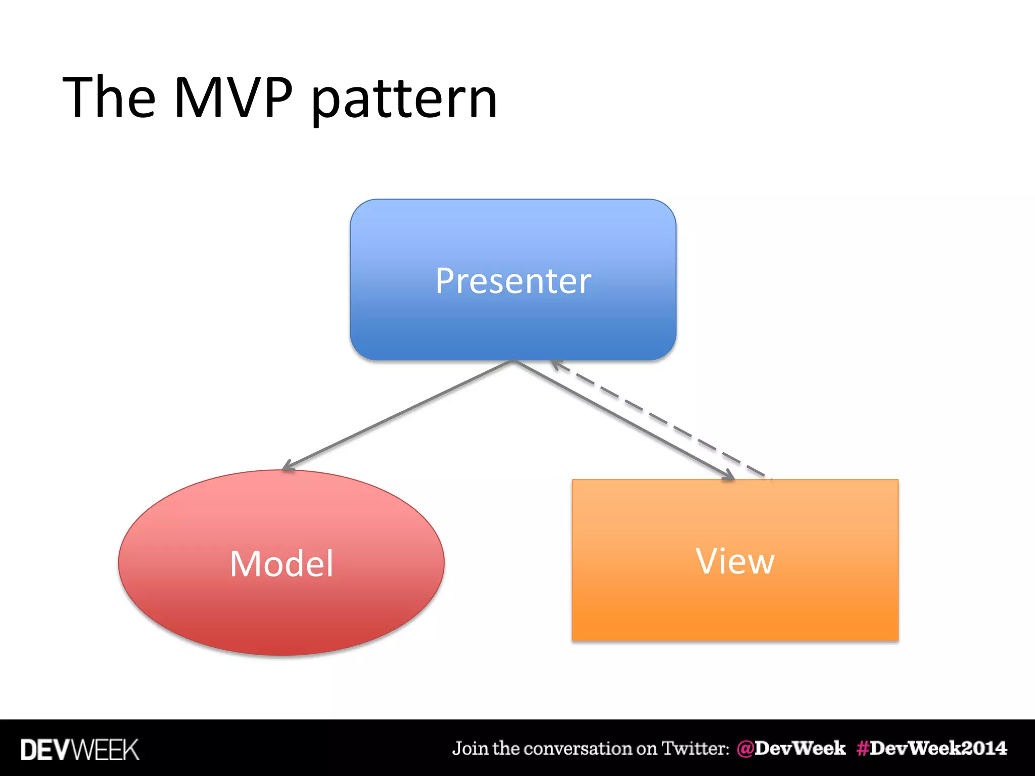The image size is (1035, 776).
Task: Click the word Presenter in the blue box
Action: (x=513, y=281)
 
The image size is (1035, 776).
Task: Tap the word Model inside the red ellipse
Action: (x=281, y=563)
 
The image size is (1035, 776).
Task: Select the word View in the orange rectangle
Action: (x=735, y=561)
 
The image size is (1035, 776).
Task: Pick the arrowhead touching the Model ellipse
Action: (x=288, y=466)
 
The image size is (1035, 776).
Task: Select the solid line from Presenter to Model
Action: (x=399, y=414)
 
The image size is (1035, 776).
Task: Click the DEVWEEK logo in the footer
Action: (x=79, y=749)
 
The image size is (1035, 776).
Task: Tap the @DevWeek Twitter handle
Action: (x=791, y=748)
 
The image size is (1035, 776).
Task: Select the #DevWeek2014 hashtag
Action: (x=931, y=748)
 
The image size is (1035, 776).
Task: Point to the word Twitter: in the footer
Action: (x=695, y=748)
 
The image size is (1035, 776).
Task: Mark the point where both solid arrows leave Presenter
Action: (x=513, y=361)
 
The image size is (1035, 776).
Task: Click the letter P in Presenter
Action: (x=445, y=281)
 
